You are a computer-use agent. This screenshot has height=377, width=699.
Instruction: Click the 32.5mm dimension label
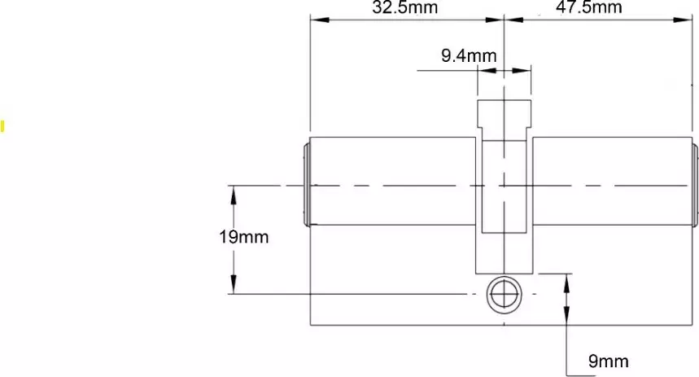tap(404, 8)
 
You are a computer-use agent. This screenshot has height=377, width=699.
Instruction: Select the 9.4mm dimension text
tap(469, 56)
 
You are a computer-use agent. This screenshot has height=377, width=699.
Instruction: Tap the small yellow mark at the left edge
tap(2, 125)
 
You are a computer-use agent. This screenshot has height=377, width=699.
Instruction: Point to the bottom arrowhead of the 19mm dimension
tap(234, 287)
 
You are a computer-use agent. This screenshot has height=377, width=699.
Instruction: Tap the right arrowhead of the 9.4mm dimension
tap(526, 71)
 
